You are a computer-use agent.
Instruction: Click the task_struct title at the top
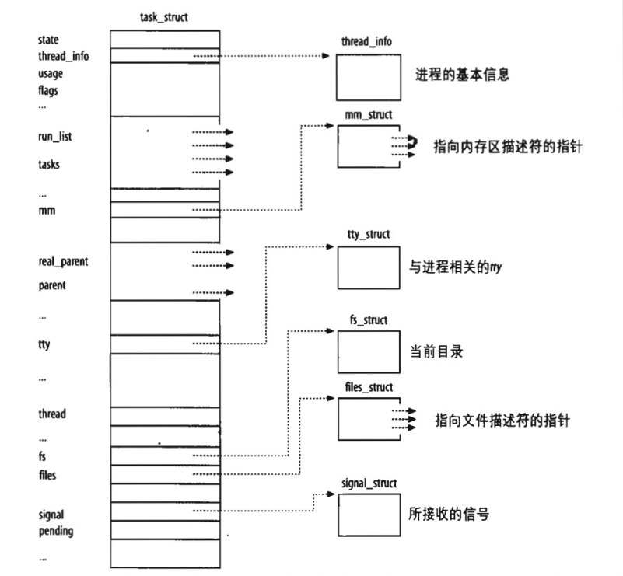point(164,16)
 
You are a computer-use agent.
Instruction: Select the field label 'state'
point(48,39)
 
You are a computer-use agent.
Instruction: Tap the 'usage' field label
point(51,73)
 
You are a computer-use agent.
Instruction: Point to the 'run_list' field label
point(56,137)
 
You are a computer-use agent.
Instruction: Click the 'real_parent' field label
point(63,262)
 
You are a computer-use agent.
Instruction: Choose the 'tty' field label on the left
point(44,344)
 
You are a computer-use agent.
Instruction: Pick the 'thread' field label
point(52,414)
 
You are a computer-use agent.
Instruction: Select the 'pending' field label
point(55,531)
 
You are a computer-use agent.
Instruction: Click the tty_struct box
point(369,267)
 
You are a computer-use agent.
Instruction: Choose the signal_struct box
point(369,513)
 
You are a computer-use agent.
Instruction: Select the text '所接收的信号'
point(449,514)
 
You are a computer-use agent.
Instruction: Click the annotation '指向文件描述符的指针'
point(502,421)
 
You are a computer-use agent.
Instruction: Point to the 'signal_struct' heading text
point(369,483)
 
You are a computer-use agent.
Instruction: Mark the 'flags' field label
point(48,89)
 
